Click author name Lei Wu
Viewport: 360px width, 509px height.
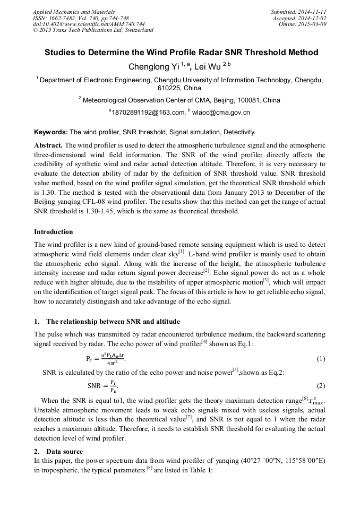coord(209,67)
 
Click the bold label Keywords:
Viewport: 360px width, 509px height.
coord(51,132)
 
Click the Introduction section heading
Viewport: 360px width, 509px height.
coord(54,232)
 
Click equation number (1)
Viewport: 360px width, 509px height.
coord(321,359)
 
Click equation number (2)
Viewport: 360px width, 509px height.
coord(321,386)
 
